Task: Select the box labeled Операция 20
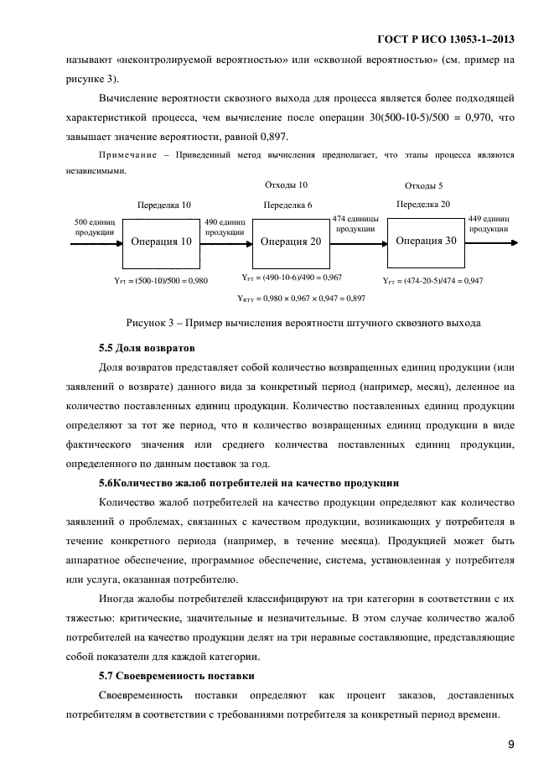tap(290, 241)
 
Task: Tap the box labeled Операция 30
tap(426, 241)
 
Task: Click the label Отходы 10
tap(286, 184)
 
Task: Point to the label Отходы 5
tap(423, 185)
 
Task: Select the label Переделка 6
tap(287, 205)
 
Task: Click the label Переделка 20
tap(423, 204)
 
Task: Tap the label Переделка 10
tap(163, 205)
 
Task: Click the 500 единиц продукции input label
tap(95, 226)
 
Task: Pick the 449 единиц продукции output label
tap(489, 222)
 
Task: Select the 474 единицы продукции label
tap(355, 222)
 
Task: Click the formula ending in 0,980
tap(160, 281)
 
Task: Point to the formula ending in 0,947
tap(432, 281)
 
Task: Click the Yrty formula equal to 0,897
tap(301, 298)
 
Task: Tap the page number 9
tap(510, 744)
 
